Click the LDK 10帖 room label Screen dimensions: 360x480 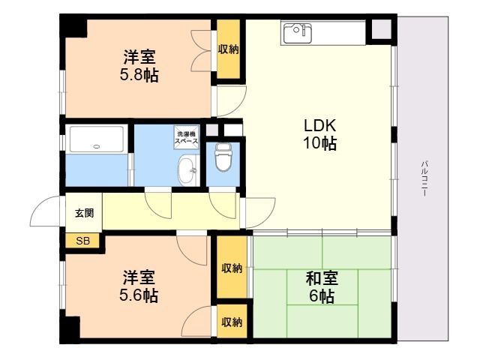[x=319, y=133]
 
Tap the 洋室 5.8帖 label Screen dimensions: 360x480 [x=140, y=65]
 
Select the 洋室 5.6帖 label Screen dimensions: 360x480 [x=140, y=286]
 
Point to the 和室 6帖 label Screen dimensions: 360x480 [x=321, y=286]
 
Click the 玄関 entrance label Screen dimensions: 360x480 [x=83, y=212]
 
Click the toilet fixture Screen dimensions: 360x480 [x=224, y=157]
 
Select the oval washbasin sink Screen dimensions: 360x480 [x=187, y=170]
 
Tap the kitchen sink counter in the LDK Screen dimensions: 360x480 [x=322, y=32]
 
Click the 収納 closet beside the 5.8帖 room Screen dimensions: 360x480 [x=229, y=49]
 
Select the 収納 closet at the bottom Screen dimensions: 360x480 [x=231, y=322]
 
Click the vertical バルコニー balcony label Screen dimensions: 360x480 [x=424, y=178]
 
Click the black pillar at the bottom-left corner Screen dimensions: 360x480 [x=70, y=329]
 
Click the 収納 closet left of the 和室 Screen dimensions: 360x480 [x=231, y=268]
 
